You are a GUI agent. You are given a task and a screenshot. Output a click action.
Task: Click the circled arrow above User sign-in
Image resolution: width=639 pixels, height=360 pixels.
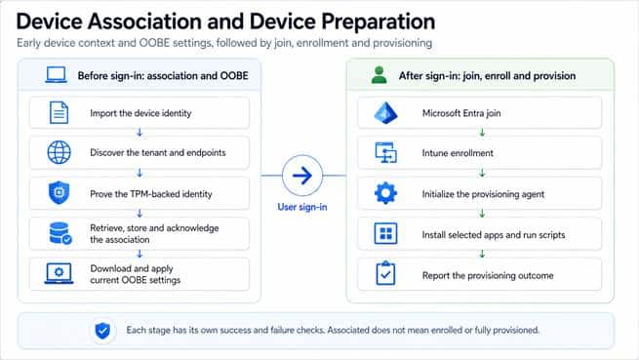[302, 176]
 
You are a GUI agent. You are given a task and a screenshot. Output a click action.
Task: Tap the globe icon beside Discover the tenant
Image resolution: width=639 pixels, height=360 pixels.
[60, 152]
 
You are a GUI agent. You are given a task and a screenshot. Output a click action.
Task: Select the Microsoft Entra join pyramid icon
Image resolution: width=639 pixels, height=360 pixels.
[385, 113]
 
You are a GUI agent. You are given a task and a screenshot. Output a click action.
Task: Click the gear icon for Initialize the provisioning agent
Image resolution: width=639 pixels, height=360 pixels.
[385, 193]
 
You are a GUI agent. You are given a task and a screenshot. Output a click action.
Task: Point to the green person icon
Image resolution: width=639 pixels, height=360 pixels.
[379, 75]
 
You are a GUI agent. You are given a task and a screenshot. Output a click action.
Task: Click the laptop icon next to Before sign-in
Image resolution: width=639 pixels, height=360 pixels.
[57, 75]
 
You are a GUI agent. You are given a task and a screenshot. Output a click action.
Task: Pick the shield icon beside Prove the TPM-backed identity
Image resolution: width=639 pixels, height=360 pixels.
[60, 192]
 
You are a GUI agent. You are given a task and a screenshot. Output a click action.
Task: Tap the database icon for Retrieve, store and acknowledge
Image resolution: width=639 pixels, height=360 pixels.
[60, 233]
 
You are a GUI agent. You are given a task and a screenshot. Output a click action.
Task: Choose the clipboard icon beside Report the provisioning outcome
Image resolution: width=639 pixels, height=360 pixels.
[385, 273]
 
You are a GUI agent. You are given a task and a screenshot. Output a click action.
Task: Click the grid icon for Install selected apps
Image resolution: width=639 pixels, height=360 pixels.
[385, 233]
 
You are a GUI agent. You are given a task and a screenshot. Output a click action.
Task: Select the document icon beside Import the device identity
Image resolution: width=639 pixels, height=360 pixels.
[60, 112]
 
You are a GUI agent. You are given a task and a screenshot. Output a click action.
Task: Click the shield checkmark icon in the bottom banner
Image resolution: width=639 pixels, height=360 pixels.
[102, 331]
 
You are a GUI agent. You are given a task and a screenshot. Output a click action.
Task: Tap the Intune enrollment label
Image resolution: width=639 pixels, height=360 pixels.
[458, 153]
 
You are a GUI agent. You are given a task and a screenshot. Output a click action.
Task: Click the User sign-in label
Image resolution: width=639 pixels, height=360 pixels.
[302, 207]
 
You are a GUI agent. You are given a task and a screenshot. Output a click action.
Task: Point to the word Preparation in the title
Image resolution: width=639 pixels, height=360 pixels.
[379, 22]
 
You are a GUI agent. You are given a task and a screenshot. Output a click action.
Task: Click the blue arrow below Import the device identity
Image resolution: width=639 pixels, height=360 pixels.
[140, 133]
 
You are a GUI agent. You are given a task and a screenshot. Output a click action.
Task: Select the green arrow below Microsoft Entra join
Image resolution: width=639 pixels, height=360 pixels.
[482, 133]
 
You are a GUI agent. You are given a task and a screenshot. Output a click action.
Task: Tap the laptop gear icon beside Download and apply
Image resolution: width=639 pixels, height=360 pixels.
[60, 273]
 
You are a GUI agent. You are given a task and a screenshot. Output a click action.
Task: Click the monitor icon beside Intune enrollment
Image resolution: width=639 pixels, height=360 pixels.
[385, 153]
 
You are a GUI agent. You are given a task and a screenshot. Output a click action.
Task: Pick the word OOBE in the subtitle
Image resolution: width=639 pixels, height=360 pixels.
[154, 43]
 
